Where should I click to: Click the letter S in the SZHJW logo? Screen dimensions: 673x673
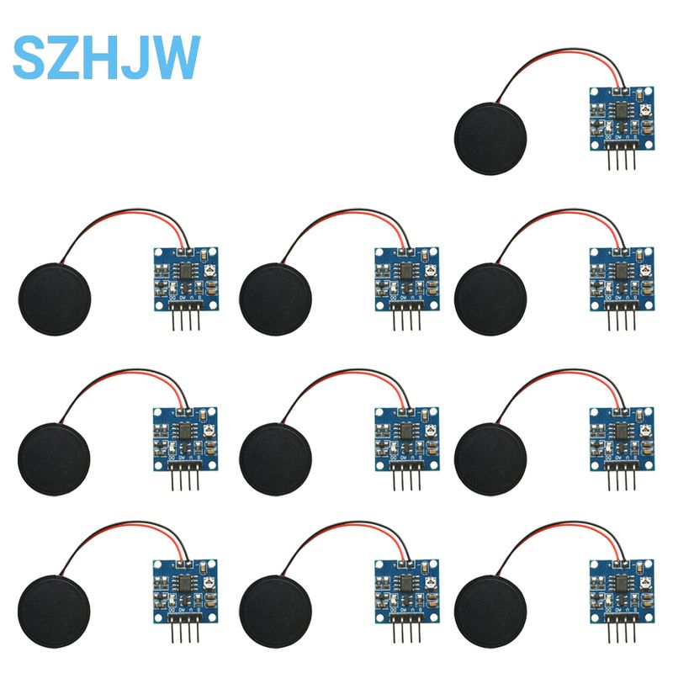click(30, 58)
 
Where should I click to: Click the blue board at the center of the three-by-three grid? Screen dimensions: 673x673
click(405, 434)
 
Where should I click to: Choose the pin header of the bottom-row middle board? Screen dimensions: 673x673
click(405, 628)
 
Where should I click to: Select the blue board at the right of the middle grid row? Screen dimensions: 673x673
click(621, 434)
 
